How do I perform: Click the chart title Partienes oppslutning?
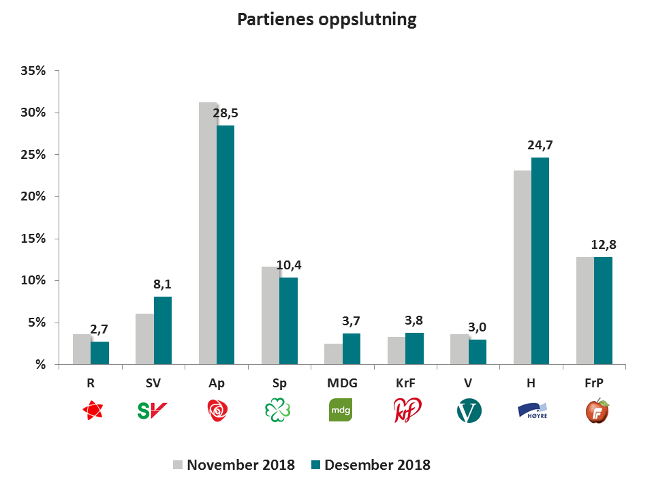[x=326, y=19]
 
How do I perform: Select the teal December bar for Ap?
[x=225, y=245]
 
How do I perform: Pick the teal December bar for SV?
[x=163, y=331]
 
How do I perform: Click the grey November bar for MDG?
[x=333, y=354]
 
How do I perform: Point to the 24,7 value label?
[x=540, y=145]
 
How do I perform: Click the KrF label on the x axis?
[x=405, y=384]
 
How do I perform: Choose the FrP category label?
[x=594, y=384]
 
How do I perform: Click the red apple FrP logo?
[x=597, y=411]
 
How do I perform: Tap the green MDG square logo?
[x=341, y=411]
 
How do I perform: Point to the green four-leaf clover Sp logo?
[x=278, y=411]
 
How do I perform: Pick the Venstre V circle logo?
[x=469, y=411]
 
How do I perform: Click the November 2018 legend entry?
[x=234, y=465]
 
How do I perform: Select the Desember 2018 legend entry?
[x=371, y=465]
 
